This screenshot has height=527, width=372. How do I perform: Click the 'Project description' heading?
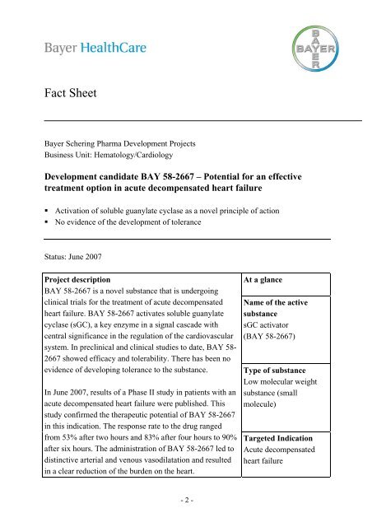88,278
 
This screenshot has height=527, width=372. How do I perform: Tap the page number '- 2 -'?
187,501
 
